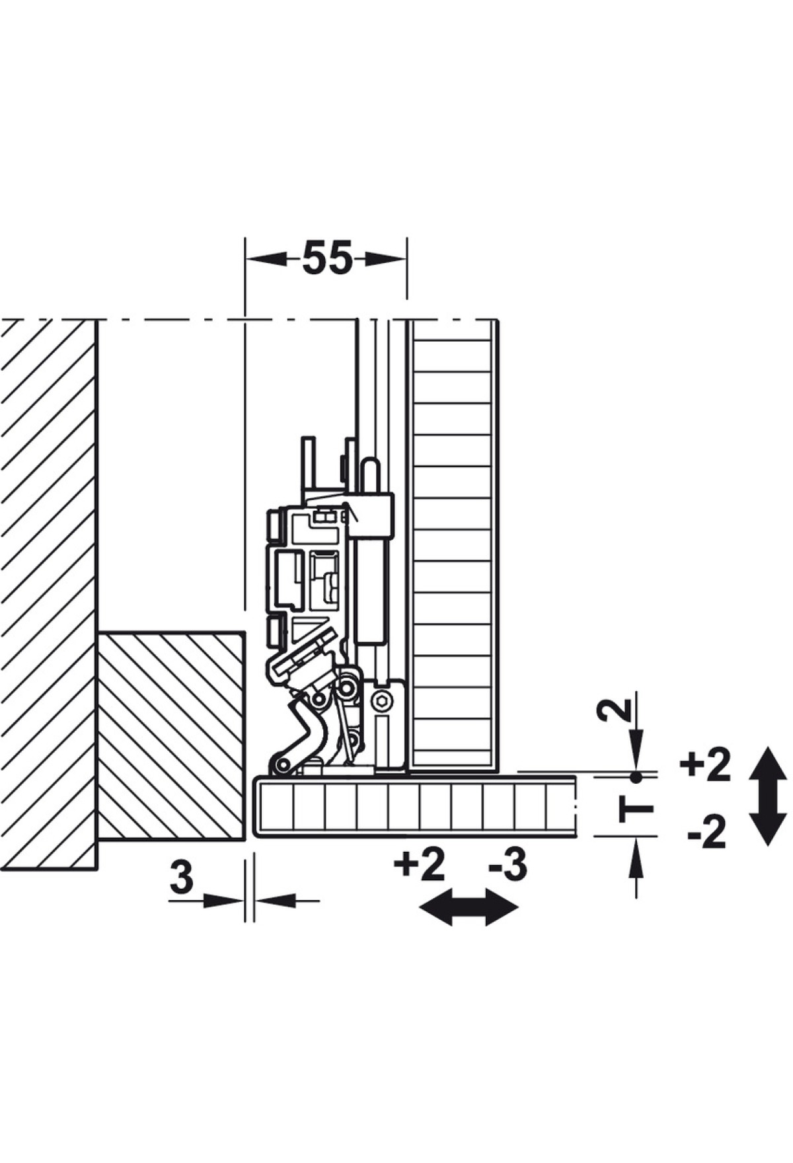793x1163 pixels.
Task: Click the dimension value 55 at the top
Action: pos(327,258)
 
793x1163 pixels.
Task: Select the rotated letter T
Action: pos(636,809)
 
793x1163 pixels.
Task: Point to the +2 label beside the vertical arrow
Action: pos(705,765)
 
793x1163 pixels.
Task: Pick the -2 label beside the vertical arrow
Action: pos(707,832)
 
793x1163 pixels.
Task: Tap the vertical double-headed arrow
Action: pos(769,796)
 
